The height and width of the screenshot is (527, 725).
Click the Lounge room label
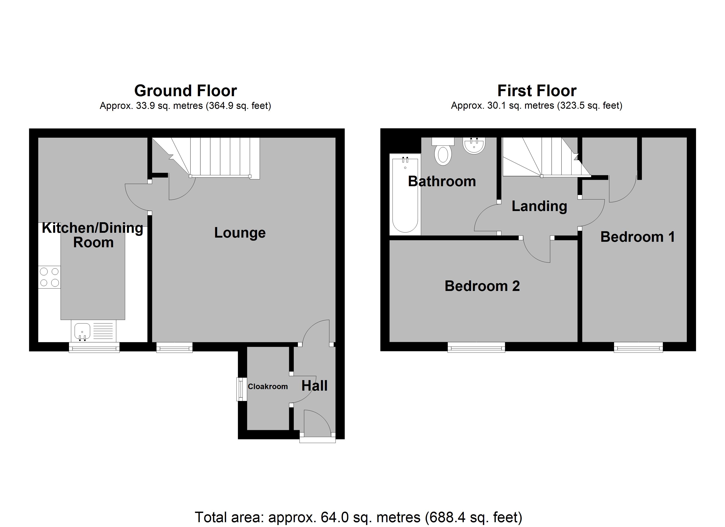click(240, 233)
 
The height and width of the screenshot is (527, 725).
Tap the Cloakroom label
click(268, 386)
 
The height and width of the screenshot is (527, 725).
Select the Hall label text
click(315, 386)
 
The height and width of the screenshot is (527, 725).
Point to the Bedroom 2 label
click(482, 286)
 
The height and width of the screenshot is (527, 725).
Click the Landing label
click(540, 206)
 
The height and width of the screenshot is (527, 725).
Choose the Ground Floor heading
click(185, 91)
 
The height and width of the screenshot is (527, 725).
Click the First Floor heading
click(537, 91)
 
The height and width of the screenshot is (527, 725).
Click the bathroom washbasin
click(474, 146)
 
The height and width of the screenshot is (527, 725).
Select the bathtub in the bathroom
click(405, 194)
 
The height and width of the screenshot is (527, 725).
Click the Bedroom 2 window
click(476, 347)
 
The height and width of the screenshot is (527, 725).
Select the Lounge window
click(174, 347)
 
